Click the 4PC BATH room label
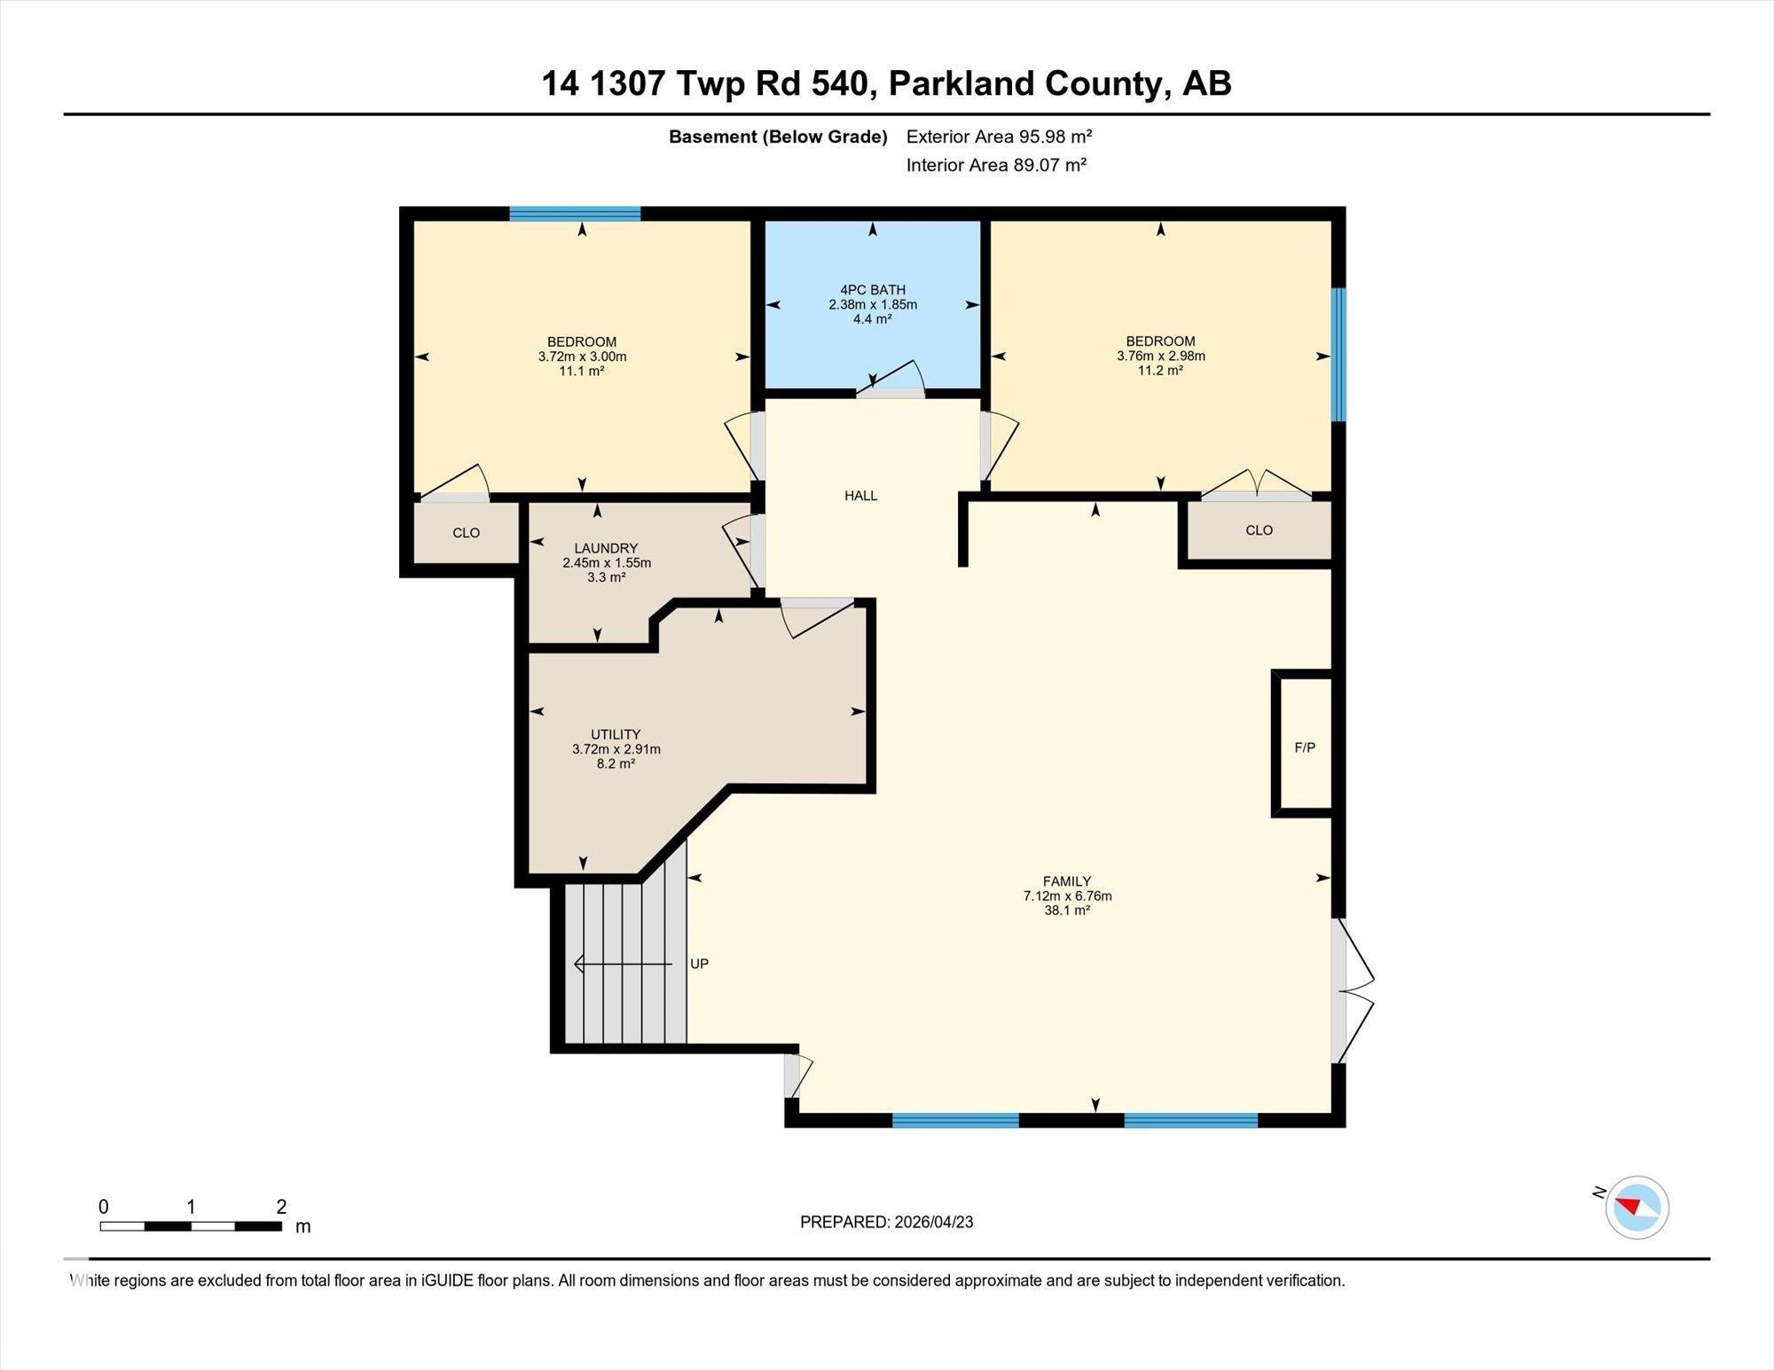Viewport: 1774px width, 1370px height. [x=873, y=290]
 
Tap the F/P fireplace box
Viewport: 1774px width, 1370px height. [x=1304, y=748]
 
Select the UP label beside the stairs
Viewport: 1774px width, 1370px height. [x=699, y=964]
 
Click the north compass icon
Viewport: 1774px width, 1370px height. [x=1637, y=1207]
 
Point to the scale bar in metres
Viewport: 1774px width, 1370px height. [x=191, y=1226]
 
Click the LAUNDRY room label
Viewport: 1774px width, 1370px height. [x=606, y=549]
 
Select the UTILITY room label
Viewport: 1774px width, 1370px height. [x=616, y=734]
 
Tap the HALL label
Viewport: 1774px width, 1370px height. [x=860, y=496]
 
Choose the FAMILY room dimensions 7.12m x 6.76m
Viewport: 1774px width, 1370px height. [x=1067, y=896]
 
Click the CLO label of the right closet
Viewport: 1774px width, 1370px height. [x=1259, y=530]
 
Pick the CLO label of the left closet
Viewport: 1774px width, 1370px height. [x=466, y=533]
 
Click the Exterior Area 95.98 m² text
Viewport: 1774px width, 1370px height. [x=999, y=137]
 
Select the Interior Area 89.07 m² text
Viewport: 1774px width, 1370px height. [x=996, y=165]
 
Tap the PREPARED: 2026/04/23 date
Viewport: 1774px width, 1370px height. [x=886, y=1222]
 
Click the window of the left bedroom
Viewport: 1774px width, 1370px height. [x=575, y=214]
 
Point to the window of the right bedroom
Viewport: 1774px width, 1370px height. [x=1338, y=355]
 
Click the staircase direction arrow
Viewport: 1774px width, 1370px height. [x=621, y=964]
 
